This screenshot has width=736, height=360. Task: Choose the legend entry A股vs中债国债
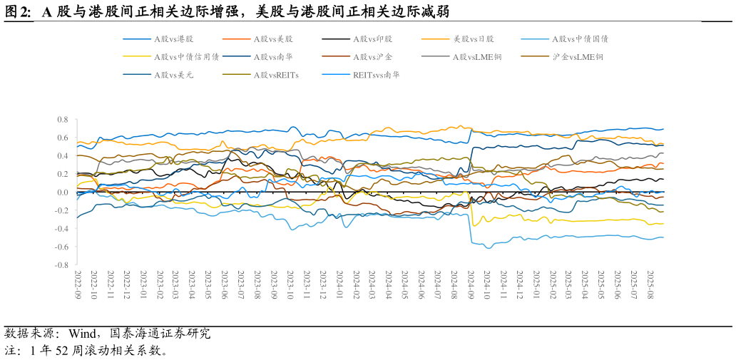[580, 38]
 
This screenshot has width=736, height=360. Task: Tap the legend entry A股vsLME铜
[477, 56]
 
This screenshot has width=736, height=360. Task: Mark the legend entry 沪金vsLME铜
[578, 56]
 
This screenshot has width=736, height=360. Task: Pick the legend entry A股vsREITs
[276, 74]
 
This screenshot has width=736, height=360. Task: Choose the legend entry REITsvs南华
[376, 74]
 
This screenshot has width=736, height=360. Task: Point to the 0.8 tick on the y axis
[62, 120]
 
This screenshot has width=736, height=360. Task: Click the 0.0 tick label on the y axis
[62, 192]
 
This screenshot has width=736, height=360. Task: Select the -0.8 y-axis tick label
[61, 265]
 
